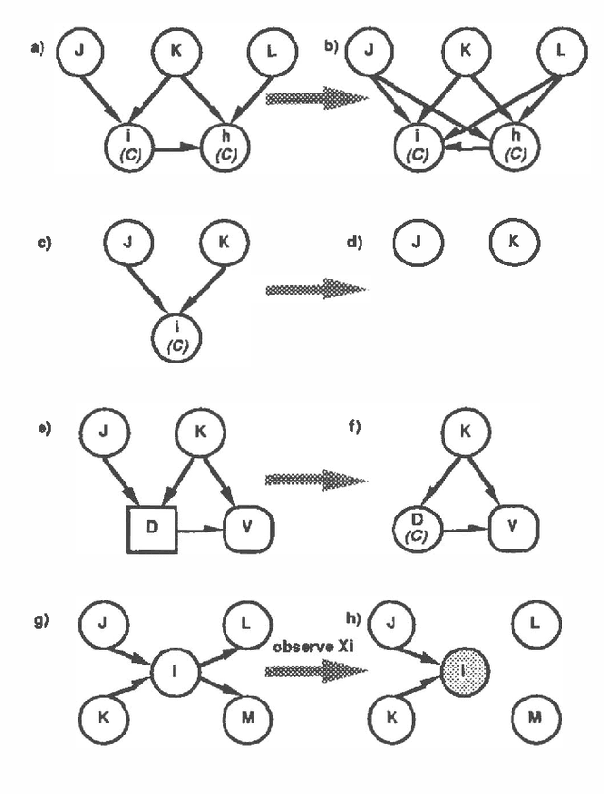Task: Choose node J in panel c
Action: pos(126,244)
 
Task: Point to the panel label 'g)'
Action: pos(41,620)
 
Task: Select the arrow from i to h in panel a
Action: pos(176,148)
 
